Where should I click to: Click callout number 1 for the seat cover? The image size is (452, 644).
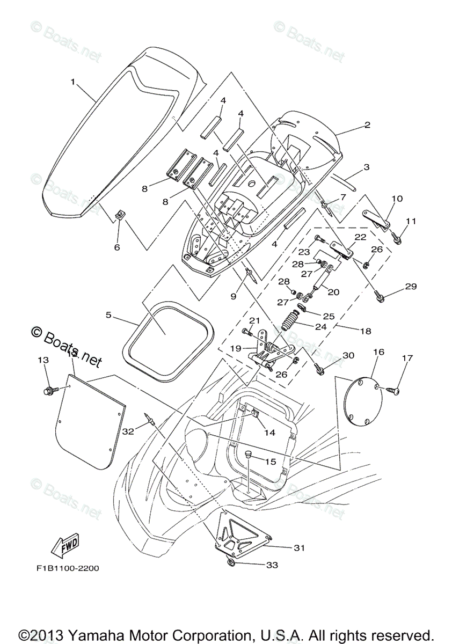72,82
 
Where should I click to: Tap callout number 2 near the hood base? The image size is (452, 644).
367,125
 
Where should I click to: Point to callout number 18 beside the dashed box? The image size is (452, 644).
364,332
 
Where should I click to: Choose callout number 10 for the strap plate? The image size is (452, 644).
396,199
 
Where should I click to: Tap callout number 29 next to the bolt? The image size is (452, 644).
411,287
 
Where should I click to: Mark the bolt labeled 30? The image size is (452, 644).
320,369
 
